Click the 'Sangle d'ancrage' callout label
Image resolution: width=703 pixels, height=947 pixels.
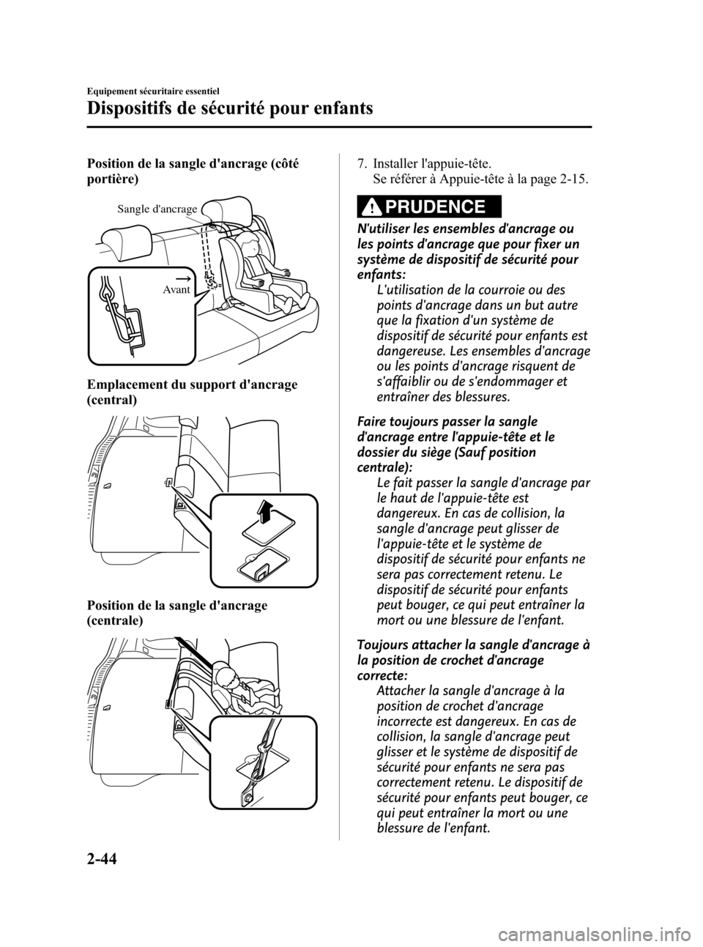tap(157, 209)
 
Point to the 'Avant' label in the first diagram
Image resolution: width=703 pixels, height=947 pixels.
tap(176, 290)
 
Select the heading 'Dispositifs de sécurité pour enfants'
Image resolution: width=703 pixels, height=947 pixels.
tap(230, 109)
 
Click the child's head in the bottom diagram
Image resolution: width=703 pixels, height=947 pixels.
tap(225, 677)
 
